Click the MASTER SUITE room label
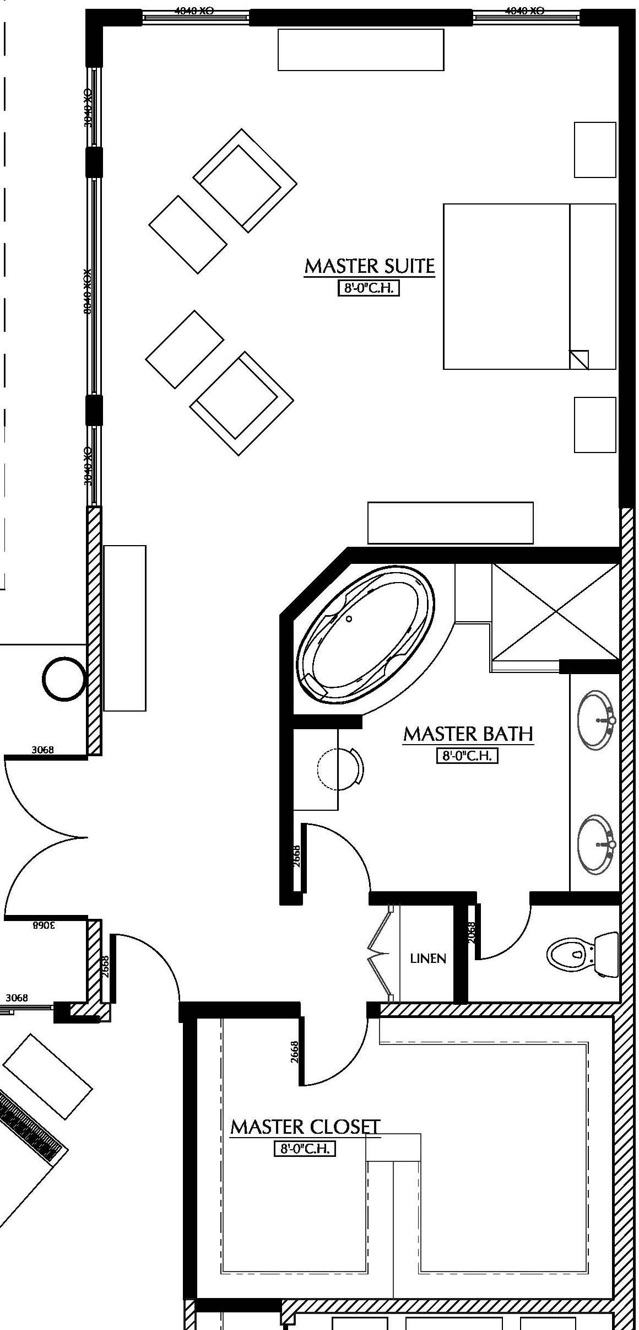coord(369,266)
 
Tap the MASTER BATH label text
coord(468,734)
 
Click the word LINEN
coord(428,959)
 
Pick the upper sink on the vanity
coord(595,720)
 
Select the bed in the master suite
coord(529,287)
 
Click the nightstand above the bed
coord(595,150)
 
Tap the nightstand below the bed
coord(595,425)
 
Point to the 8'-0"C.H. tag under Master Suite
coord(368,288)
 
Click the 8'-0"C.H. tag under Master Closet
coord(305,1149)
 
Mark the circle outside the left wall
coord(65,679)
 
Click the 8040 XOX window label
coord(86,291)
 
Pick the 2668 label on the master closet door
coord(295,1051)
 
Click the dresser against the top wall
coord(361,50)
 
